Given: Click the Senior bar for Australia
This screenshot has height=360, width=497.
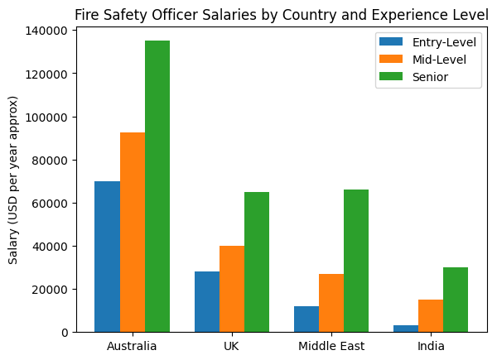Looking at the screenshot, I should click(x=157, y=186).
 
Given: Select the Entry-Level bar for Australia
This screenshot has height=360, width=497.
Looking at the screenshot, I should click(x=107, y=257).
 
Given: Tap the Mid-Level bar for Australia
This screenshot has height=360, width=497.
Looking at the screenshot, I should click(x=133, y=232).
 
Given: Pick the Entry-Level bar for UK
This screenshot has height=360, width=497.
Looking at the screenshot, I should click(x=207, y=301).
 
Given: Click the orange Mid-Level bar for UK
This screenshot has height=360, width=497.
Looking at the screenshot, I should click(x=232, y=289).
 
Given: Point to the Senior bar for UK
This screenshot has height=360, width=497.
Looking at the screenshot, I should click(x=257, y=262).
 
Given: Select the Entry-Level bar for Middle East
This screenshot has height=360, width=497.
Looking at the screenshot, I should click(x=306, y=319).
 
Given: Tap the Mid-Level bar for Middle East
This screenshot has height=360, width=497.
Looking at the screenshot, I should click(x=331, y=303).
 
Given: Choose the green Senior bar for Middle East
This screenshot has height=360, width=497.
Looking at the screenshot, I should click(x=356, y=261).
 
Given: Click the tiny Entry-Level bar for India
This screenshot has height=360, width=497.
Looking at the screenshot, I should click(x=406, y=329).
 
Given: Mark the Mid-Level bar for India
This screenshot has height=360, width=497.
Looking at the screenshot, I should click(x=431, y=315).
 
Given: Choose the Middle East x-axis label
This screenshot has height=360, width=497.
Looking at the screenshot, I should click(x=331, y=346).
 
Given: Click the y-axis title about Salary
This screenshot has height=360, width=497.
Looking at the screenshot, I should click(x=14, y=180).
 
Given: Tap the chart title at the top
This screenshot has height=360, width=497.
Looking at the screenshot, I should click(x=282, y=14).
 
